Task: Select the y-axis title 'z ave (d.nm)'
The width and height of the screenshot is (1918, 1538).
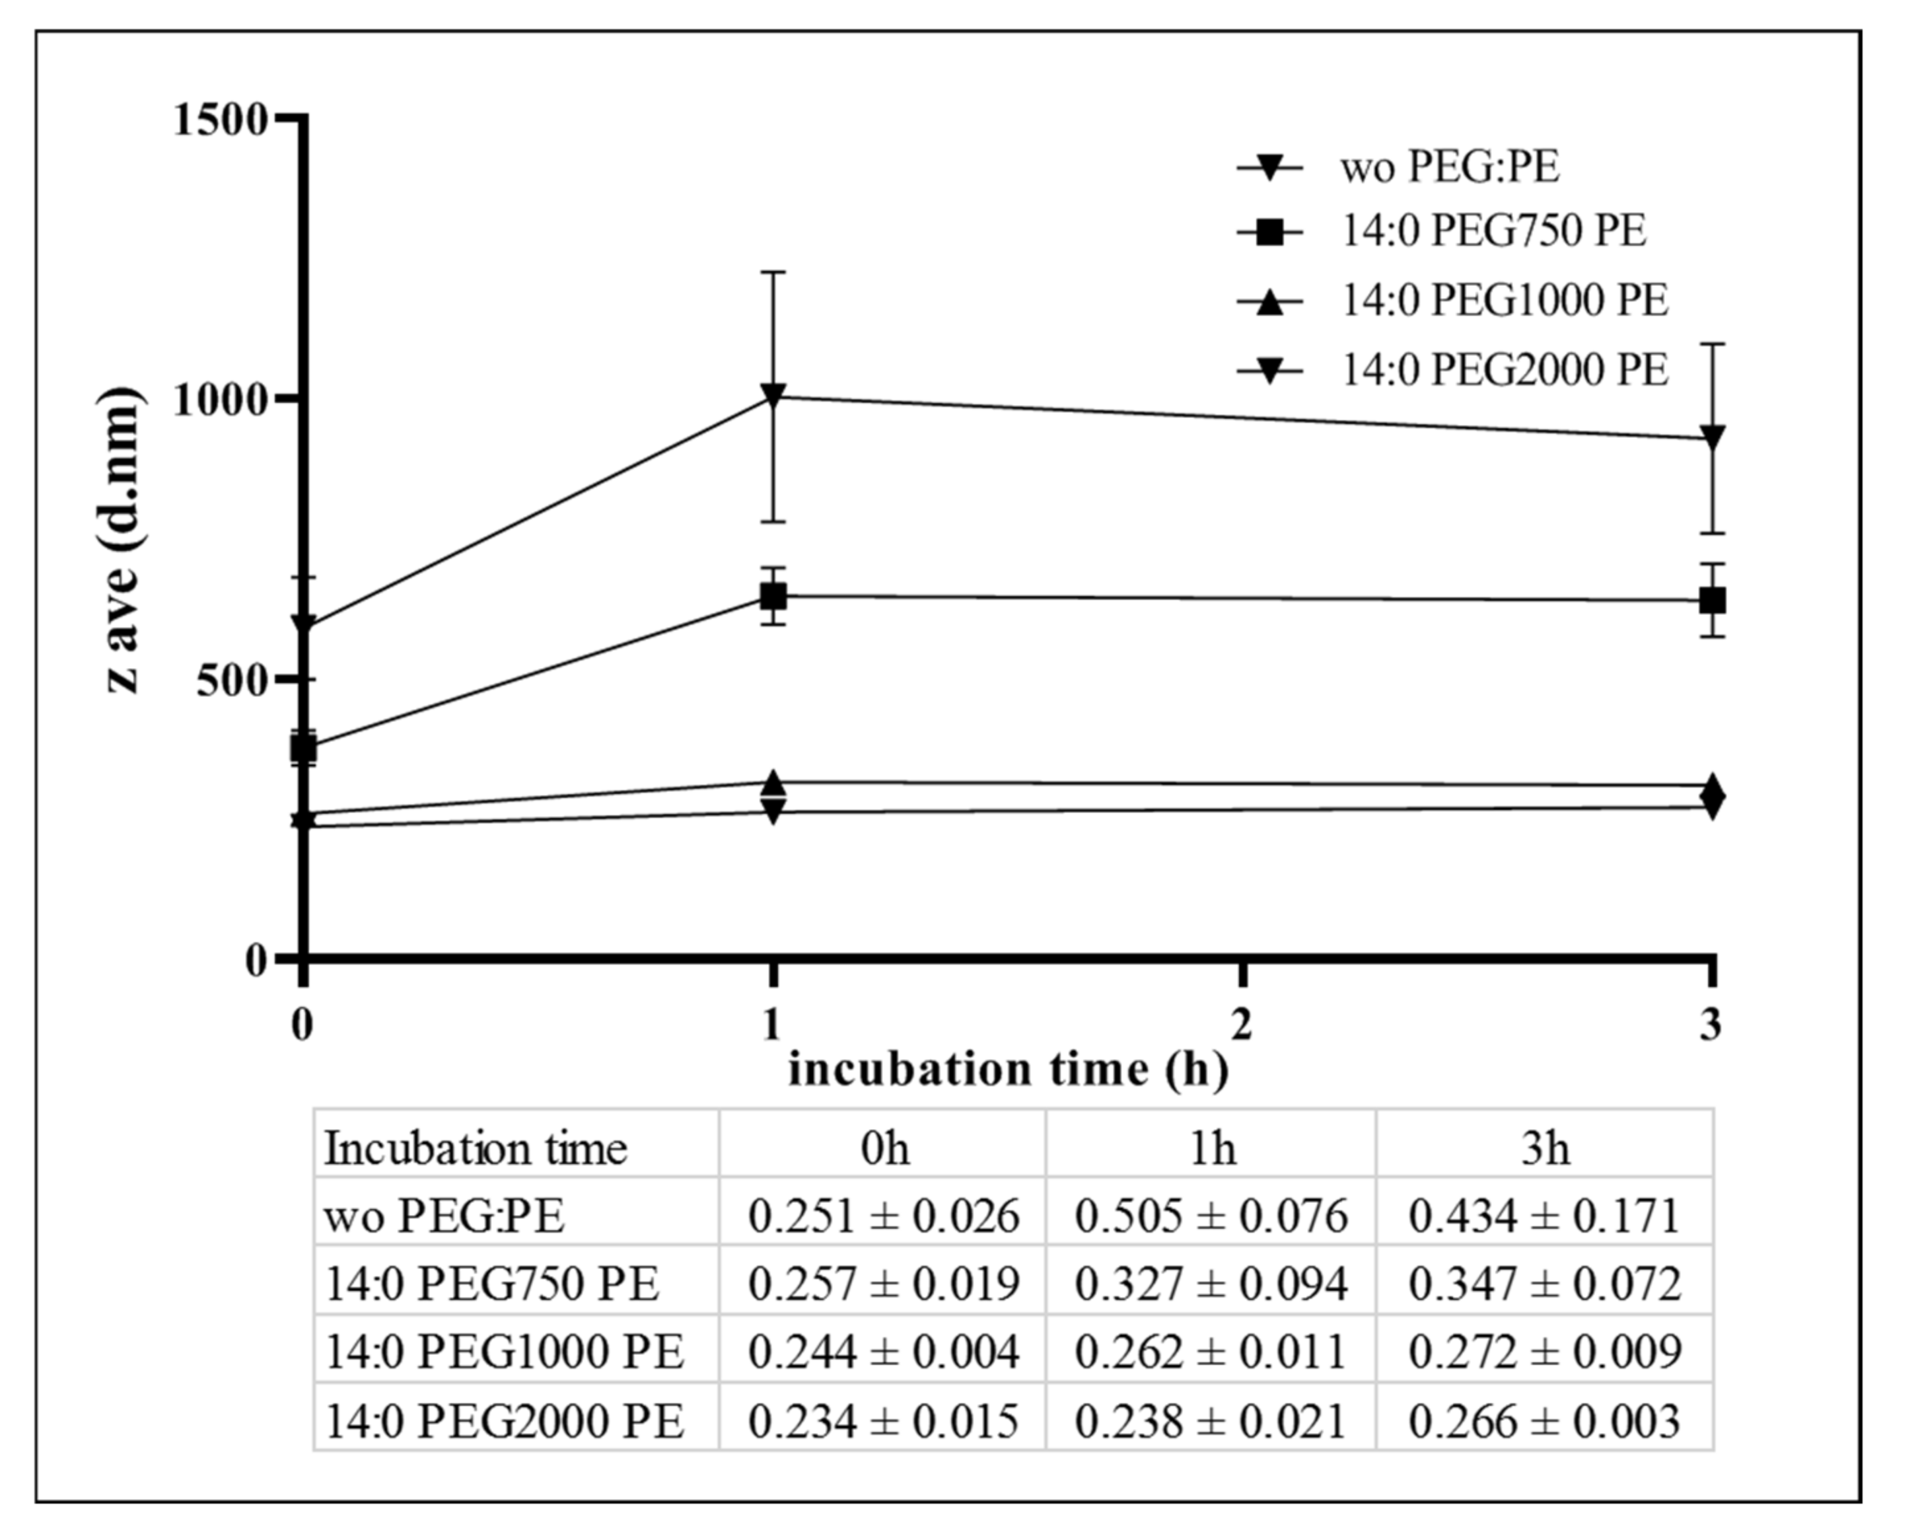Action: click(120, 540)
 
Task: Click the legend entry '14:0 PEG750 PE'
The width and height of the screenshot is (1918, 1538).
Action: click(1493, 231)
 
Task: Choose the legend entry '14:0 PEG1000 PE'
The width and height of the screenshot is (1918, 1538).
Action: click(1503, 301)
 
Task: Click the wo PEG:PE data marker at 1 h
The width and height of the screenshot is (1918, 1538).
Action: click(773, 395)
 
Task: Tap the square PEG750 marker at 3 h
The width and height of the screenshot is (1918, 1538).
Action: click(1713, 601)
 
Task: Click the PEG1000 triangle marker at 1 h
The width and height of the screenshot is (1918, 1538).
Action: click(773, 784)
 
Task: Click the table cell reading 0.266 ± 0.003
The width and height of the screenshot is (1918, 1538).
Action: click(1544, 1420)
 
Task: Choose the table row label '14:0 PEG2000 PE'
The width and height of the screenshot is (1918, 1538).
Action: click(505, 1420)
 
